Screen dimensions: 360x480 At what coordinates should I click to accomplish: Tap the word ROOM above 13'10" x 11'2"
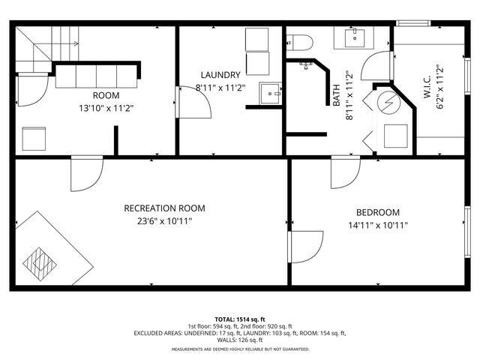(x=106, y=95)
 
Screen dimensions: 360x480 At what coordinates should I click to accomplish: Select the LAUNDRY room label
(x=220, y=75)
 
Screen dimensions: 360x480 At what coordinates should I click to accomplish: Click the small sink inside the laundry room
(x=270, y=94)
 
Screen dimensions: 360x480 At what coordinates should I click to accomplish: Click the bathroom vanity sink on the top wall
(x=354, y=37)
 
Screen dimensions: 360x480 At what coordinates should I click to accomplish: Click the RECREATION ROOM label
(x=164, y=208)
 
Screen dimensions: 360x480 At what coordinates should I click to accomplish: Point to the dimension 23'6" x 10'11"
(x=164, y=223)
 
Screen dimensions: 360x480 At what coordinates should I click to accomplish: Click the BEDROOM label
(x=377, y=212)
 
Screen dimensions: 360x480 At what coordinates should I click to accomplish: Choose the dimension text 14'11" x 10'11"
(x=377, y=226)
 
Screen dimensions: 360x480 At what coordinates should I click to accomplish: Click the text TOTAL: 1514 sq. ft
(x=240, y=319)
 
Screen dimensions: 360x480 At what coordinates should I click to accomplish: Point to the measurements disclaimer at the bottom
(x=240, y=349)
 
